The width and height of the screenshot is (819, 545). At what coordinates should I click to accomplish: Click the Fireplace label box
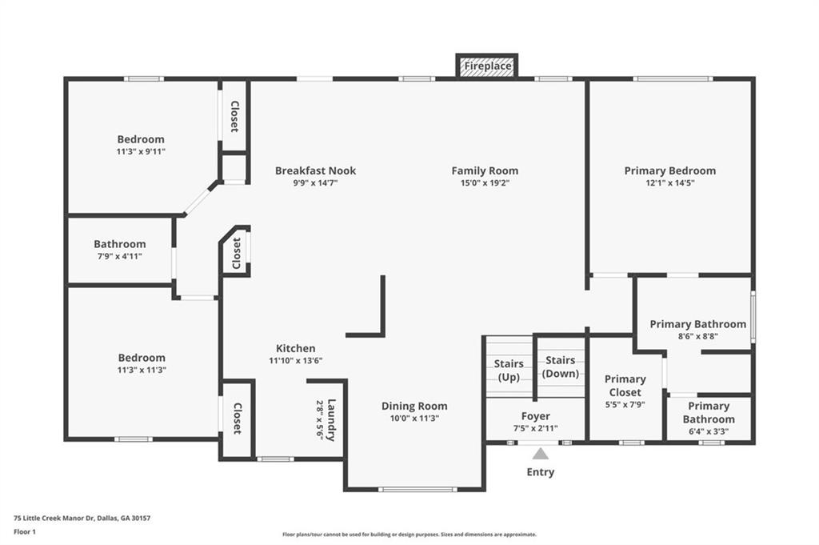(487, 66)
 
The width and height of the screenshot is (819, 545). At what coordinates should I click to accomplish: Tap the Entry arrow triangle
(541, 453)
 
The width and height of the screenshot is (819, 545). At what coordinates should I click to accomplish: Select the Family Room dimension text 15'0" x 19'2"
(485, 183)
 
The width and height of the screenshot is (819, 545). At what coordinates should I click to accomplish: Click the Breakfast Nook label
(315, 170)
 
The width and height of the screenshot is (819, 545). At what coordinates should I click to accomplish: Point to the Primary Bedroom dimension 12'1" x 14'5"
(670, 183)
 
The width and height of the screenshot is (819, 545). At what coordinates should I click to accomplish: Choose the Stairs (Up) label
(509, 371)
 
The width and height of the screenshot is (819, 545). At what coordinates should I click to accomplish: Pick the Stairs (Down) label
(561, 367)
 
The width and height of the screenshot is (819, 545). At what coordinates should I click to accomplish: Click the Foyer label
(535, 416)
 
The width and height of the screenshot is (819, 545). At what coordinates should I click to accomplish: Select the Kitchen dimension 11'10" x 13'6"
(296, 361)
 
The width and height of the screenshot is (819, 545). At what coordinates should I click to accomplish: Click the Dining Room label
(414, 406)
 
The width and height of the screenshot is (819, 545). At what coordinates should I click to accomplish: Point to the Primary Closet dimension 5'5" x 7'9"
(625, 404)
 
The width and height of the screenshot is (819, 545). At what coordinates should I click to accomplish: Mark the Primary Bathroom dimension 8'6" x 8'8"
(697, 336)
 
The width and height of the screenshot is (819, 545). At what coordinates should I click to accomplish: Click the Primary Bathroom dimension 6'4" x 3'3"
(709, 431)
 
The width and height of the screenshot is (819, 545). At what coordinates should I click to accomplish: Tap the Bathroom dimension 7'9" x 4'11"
(120, 257)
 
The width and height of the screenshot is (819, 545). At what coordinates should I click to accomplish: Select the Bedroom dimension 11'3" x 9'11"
(141, 152)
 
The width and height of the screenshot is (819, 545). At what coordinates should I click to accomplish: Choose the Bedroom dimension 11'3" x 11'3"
(142, 370)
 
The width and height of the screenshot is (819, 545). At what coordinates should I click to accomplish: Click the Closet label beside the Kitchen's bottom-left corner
(238, 419)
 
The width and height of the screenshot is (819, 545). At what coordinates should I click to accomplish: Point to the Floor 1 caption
(25, 532)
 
